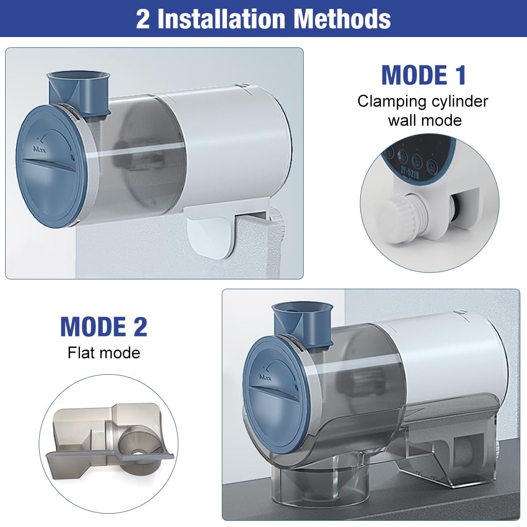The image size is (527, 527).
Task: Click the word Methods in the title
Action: [x=342, y=19]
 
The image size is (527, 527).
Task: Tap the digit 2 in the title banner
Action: [x=143, y=19]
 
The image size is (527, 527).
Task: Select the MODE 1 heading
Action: [x=424, y=75]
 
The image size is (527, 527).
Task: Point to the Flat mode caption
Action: [x=104, y=353]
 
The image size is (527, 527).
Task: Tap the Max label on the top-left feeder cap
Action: [x=39, y=149]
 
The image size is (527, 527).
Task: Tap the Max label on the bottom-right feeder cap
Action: [x=265, y=377]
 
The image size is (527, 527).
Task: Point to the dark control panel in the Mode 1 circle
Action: [x=418, y=159]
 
